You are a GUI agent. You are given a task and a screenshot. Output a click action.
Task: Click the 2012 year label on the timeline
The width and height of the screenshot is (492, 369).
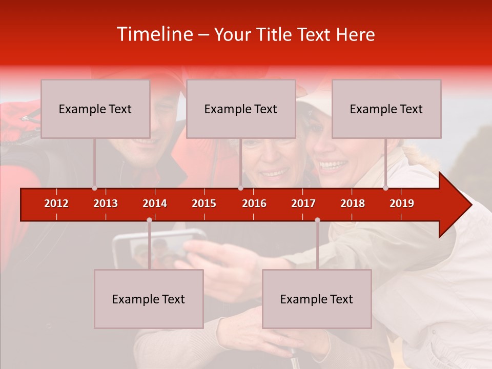point(56,203)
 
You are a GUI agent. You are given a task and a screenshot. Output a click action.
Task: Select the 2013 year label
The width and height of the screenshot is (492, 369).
point(106,203)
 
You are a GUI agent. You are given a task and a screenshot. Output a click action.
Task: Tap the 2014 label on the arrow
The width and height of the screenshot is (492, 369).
point(155,203)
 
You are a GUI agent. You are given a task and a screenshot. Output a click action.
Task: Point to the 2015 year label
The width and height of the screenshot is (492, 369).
point(204,203)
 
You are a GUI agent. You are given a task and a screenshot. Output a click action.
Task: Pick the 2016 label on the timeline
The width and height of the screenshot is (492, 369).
point(254,203)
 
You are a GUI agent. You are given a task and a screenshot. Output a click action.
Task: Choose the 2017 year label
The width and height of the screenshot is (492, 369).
point(303,203)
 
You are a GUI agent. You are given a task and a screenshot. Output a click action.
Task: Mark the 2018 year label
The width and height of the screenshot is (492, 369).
point(353,203)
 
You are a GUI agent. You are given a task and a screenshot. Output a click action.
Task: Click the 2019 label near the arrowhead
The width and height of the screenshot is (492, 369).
point(402,203)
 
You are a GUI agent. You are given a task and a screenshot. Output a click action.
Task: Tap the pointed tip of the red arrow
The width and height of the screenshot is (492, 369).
point(470,205)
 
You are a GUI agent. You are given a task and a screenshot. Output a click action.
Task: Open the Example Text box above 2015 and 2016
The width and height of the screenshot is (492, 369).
point(241,109)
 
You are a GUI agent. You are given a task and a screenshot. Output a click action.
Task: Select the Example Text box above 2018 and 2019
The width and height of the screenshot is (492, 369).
point(386,109)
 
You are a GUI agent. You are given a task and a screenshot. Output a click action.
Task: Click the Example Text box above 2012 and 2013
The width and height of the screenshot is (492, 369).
point(95,109)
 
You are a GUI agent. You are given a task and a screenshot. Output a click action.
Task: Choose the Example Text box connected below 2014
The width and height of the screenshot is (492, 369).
point(149,299)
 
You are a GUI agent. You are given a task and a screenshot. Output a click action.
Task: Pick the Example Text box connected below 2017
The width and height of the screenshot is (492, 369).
point(317,299)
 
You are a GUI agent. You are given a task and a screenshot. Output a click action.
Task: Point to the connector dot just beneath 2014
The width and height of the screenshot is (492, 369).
point(149,220)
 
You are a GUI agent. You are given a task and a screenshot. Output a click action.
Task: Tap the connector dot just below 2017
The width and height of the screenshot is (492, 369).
point(317,220)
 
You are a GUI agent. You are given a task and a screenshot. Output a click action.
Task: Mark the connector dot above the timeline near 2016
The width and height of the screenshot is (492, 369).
point(240,188)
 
